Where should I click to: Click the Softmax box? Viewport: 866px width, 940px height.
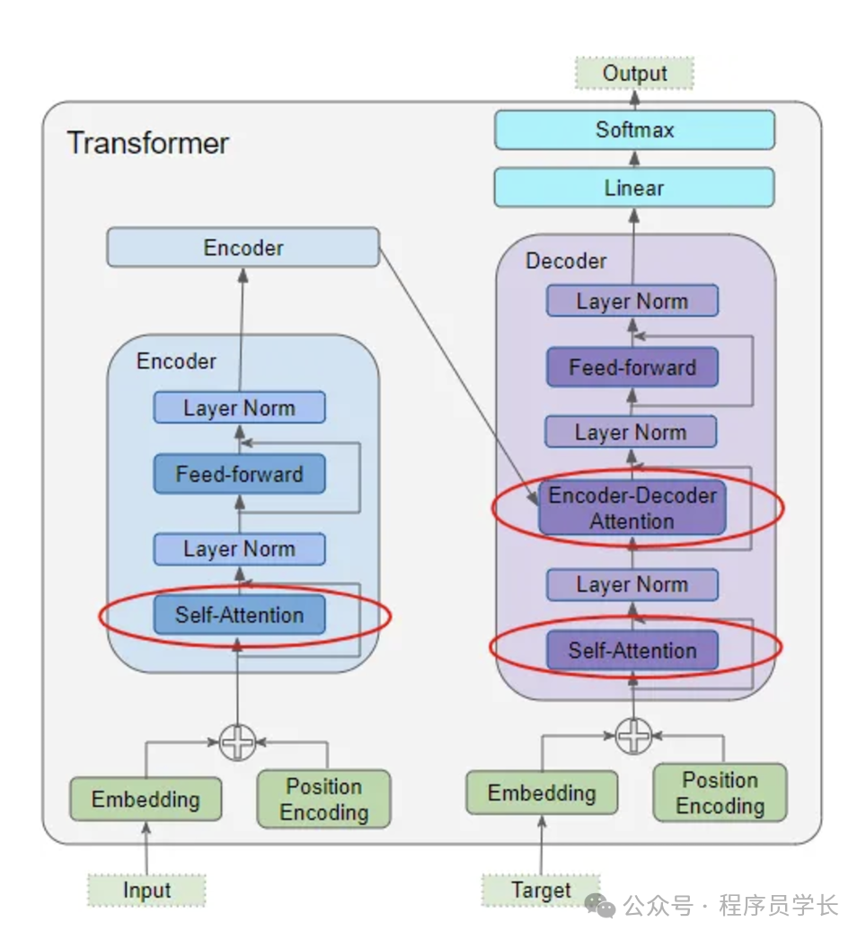click(x=634, y=130)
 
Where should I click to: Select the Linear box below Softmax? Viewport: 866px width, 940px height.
click(x=634, y=188)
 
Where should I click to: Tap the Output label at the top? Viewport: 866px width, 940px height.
click(x=634, y=74)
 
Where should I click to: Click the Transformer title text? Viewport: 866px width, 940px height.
click(x=148, y=143)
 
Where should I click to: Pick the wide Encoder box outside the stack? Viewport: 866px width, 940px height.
click(x=243, y=248)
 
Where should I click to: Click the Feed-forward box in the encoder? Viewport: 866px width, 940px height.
click(x=239, y=474)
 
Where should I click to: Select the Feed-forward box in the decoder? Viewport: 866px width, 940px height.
click(x=632, y=368)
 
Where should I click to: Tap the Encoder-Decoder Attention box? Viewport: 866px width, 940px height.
click(x=632, y=509)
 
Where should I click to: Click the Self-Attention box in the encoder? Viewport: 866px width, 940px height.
click(x=239, y=616)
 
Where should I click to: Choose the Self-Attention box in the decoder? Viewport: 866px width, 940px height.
click(x=632, y=651)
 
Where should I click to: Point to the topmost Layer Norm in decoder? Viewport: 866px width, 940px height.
click(x=632, y=302)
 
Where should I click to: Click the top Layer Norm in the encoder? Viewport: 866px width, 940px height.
click(x=239, y=408)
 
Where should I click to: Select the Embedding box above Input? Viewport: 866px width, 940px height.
click(x=146, y=799)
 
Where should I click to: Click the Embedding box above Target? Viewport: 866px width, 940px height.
click(x=542, y=794)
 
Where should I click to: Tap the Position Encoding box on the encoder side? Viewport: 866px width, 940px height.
click(x=323, y=799)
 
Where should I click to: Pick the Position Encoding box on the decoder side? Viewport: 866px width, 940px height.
click(x=720, y=793)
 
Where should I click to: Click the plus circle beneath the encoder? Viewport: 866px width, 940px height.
click(x=238, y=742)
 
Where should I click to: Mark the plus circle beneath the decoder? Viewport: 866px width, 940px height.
click(x=633, y=736)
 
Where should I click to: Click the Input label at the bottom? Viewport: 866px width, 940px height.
click(x=146, y=891)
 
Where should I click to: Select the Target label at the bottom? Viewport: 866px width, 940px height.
click(x=541, y=891)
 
